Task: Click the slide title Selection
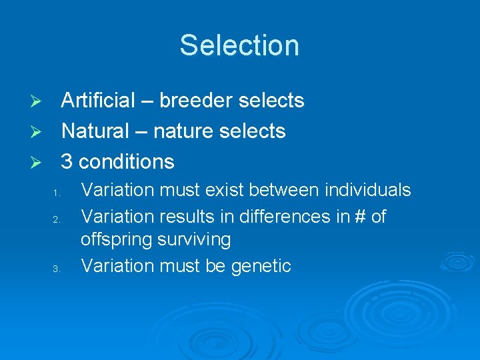click(x=239, y=45)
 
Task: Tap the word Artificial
click(x=98, y=101)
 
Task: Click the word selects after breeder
click(x=271, y=101)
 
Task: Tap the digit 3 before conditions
click(x=67, y=161)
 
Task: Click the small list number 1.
click(x=57, y=194)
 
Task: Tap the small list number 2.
click(x=57, y=220)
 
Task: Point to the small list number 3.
click(x=57, y=269)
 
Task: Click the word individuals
click(x=367, y=190)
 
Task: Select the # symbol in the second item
click(x=354, y=217)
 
